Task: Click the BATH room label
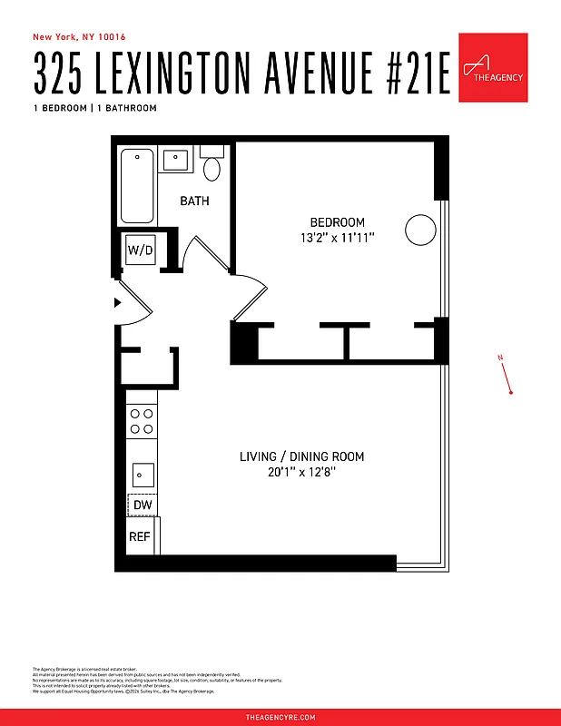coord(194,201)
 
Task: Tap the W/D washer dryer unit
coord(140,250)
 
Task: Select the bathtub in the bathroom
coord(138,186)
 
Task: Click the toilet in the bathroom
coord(212,167)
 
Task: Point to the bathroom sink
coord(175,160)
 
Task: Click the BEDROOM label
coord(338,222)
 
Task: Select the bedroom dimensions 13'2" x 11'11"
coord(338,239)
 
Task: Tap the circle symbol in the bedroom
coord(420,230)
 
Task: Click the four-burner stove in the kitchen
coord(142,420)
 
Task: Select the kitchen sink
coord(142,473)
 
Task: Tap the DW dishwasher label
coord(142,505)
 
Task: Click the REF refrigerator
coord(140,536)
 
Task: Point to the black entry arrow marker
coord(118,303)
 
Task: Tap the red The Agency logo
coord(493,68)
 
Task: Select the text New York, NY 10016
coord(79,37)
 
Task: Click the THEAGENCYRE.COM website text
coord(280,717)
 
